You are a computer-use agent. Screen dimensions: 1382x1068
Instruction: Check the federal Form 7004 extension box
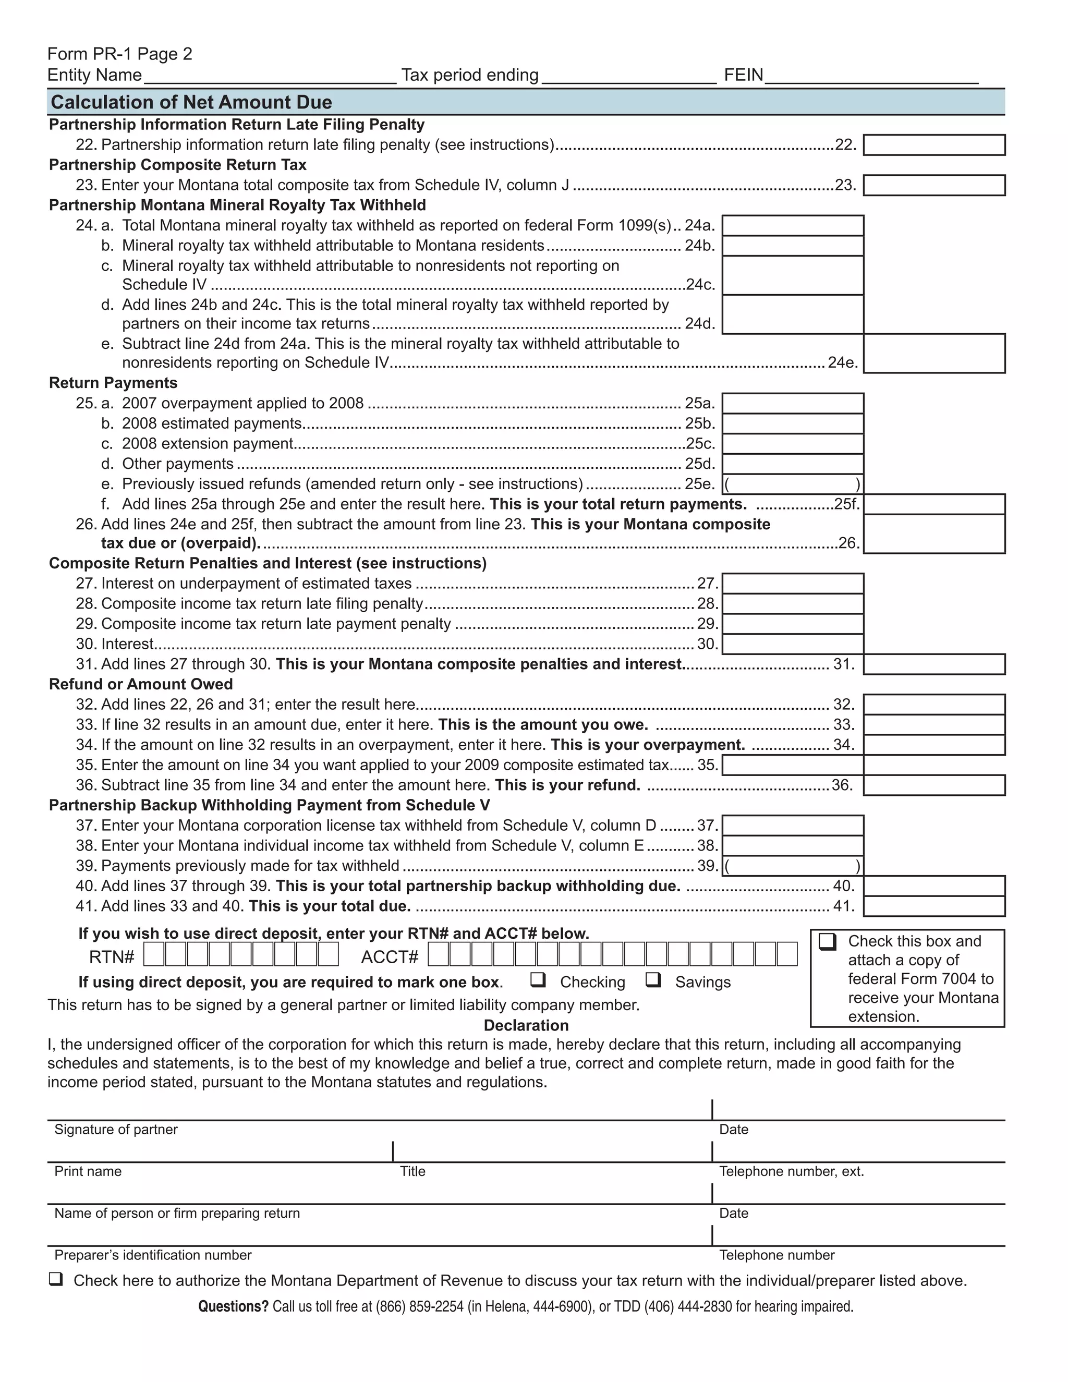(x=828, y=941)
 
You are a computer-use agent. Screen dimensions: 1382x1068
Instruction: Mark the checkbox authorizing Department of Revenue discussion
(x=56, y=1279)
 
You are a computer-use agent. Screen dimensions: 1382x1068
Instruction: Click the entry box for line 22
(x=934, y=145)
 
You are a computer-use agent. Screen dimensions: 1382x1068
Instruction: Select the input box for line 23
(x=934, y=186)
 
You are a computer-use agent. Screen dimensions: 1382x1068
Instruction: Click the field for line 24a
(x=793, y=226)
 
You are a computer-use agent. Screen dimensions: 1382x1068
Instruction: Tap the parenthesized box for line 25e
(x=793, y=484)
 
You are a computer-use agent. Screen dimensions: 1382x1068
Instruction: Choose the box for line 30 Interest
(x=793, y=644)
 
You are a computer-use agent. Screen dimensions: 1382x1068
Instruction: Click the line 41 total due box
(x=934, y=906)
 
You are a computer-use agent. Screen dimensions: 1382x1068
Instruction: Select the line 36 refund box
(x=934, y=785)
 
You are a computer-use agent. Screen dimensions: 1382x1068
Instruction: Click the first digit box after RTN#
(x=154, y=954)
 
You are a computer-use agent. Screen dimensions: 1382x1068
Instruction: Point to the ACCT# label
(x=390, y=957)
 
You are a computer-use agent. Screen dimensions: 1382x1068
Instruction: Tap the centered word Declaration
(x=526, y=1026)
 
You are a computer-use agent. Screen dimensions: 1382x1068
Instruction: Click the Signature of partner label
(x=116, y=1130)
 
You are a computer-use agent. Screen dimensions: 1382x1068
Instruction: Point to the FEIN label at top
(x=744, y=75)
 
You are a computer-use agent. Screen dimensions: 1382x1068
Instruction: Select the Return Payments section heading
(x=113, y=383)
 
